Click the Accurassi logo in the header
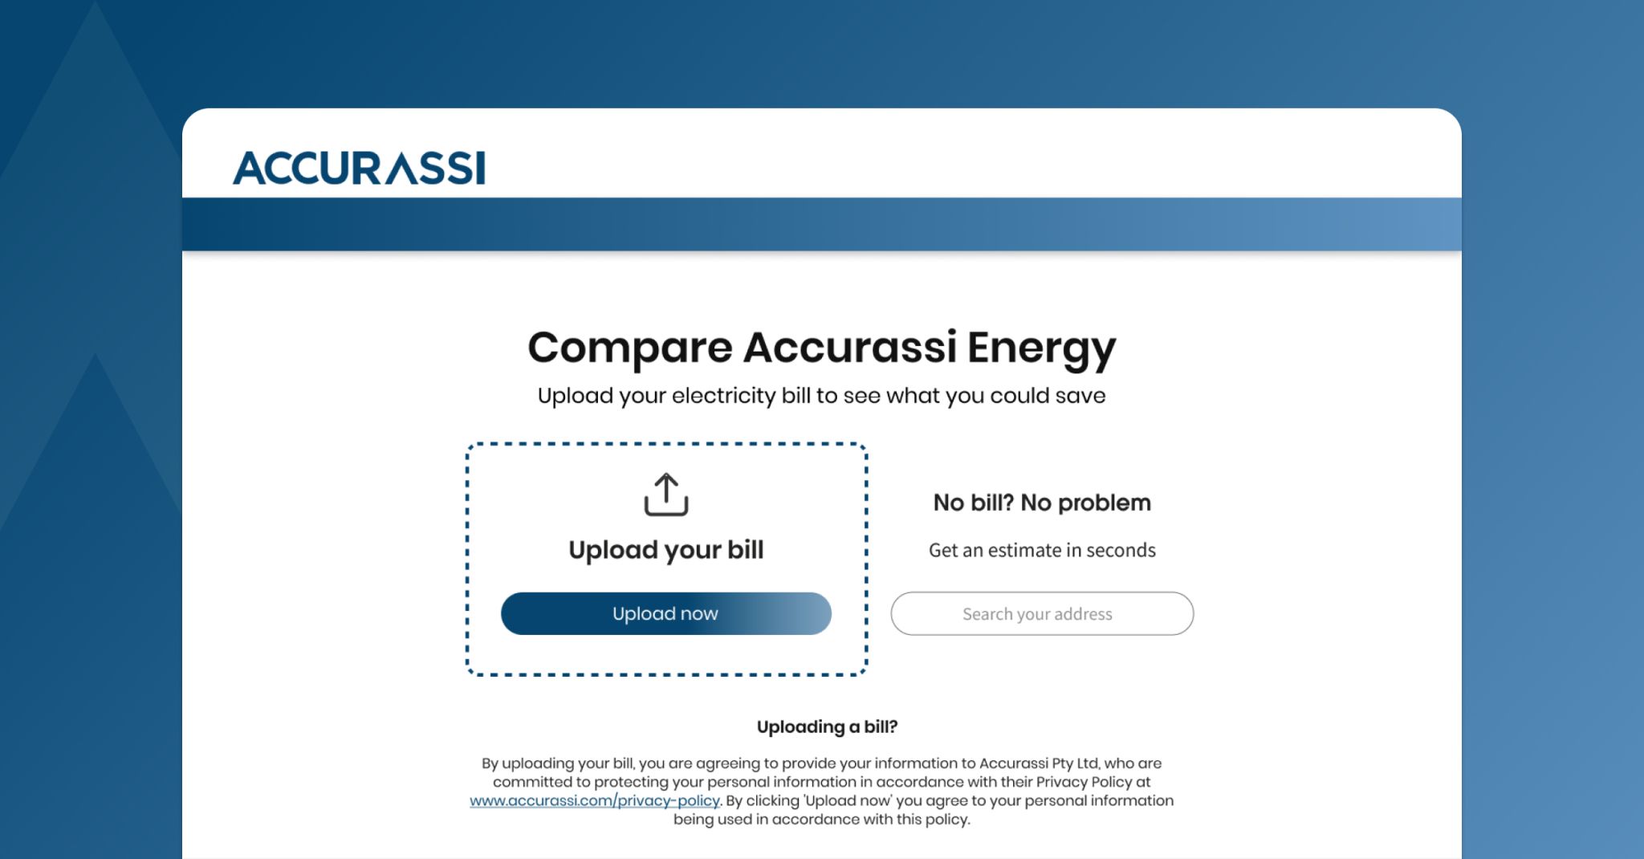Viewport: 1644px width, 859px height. point(359,168)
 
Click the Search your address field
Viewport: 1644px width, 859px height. point(1042,613)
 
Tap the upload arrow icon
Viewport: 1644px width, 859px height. point(666,494)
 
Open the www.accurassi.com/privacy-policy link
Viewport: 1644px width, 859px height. point(595,800)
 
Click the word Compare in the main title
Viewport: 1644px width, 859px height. point(630,348)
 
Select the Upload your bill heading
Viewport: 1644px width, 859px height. point(666,550)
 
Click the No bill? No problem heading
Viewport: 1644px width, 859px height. point(1042,503)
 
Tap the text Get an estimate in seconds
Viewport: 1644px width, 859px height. point(1042,550)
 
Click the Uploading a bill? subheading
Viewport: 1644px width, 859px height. point(827,727)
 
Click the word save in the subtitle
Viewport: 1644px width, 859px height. point(1080,396)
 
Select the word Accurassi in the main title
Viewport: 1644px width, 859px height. point(849,347)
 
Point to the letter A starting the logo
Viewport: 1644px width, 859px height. point(249,168)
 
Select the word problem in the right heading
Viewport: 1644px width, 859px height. point(1105,503)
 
